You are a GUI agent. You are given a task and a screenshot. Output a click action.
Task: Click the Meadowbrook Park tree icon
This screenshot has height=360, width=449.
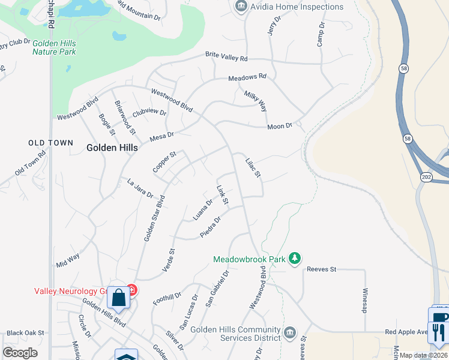295,259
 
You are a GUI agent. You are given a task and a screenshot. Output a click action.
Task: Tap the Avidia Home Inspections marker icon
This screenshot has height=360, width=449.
241,7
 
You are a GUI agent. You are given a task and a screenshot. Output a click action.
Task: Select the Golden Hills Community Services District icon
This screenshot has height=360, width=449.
290,332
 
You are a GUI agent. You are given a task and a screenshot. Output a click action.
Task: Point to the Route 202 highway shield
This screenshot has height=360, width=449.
425,178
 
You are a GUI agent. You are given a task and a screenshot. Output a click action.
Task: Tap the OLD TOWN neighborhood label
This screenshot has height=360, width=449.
51,143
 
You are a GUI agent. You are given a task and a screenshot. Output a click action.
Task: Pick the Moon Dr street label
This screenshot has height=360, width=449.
279,126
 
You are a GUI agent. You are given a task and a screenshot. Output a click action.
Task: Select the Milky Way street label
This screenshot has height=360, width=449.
255,101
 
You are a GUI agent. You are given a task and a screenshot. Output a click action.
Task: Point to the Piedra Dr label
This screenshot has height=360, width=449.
211,227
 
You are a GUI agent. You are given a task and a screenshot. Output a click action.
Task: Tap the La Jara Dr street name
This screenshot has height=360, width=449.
140,188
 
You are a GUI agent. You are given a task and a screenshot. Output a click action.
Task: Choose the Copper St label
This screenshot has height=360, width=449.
164,162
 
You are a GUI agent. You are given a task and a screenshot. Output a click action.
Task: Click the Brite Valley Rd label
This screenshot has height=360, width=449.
226,57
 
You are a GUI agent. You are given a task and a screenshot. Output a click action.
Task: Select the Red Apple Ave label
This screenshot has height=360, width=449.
406,331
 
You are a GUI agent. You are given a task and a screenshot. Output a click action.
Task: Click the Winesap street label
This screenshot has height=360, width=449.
364,299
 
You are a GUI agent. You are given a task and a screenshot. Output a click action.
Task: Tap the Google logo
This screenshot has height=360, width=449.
20,353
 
